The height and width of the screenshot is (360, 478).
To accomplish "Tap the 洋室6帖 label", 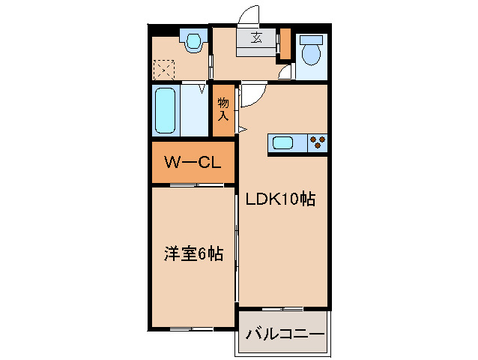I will coord(193,253).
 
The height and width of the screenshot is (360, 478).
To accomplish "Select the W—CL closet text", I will coord(193,162).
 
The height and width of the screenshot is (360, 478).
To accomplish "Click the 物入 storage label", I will coord(223,109).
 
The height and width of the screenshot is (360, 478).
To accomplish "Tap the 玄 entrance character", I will coord(256,39).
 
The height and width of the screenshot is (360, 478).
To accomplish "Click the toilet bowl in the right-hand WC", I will coord(310,52).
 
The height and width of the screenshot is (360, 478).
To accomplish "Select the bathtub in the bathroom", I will coord(165,109).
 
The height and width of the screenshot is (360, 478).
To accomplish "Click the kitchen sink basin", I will coord(285,142).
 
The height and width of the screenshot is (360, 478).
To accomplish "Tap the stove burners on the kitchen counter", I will coord(318,142).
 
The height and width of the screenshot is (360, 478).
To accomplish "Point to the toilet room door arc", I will coord(285,73).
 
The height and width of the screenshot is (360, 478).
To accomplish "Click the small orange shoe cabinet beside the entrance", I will coord(284,45).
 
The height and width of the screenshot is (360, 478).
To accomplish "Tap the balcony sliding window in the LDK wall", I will coord(283,309).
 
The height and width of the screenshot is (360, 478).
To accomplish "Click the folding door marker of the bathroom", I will coord(202,88).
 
